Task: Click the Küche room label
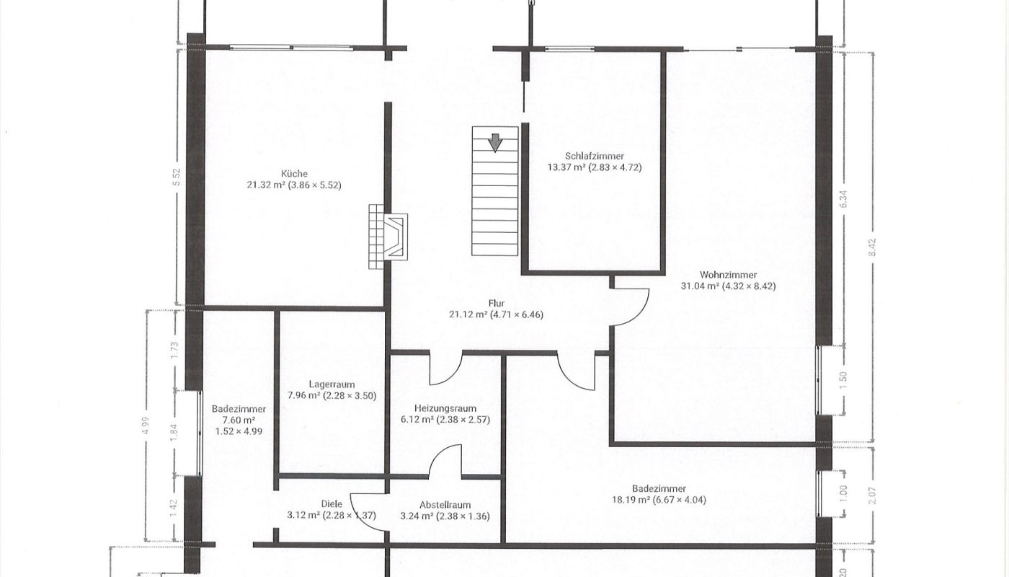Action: (x=294, y=174)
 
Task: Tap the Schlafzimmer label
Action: (x=595, y=156)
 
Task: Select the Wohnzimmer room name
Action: (x=729, y=275)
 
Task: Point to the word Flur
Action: (x=497, y=304)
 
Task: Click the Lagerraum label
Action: (x=332, y=384)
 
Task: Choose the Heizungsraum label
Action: (x=445, y=408)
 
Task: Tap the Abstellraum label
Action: (x=445, y=505)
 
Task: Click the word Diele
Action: (x=332, y=504)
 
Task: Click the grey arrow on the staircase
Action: (x=496, y=143)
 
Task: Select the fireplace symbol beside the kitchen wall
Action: (x=388, y=237)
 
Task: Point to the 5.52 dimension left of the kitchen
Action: (x=177, y=177)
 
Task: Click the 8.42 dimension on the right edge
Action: (x=873, y=247)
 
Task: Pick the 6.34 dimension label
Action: (x=844, y=199)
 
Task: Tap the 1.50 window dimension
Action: (x=844, y=381)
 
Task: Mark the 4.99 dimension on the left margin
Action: (x=146, y=426)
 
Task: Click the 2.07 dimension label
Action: (x=873, y=496)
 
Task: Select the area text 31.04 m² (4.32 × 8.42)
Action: (x=729, y=286)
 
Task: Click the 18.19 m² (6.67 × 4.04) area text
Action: (x=659, y=499)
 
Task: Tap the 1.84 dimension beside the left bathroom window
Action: (x=174, y=432)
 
